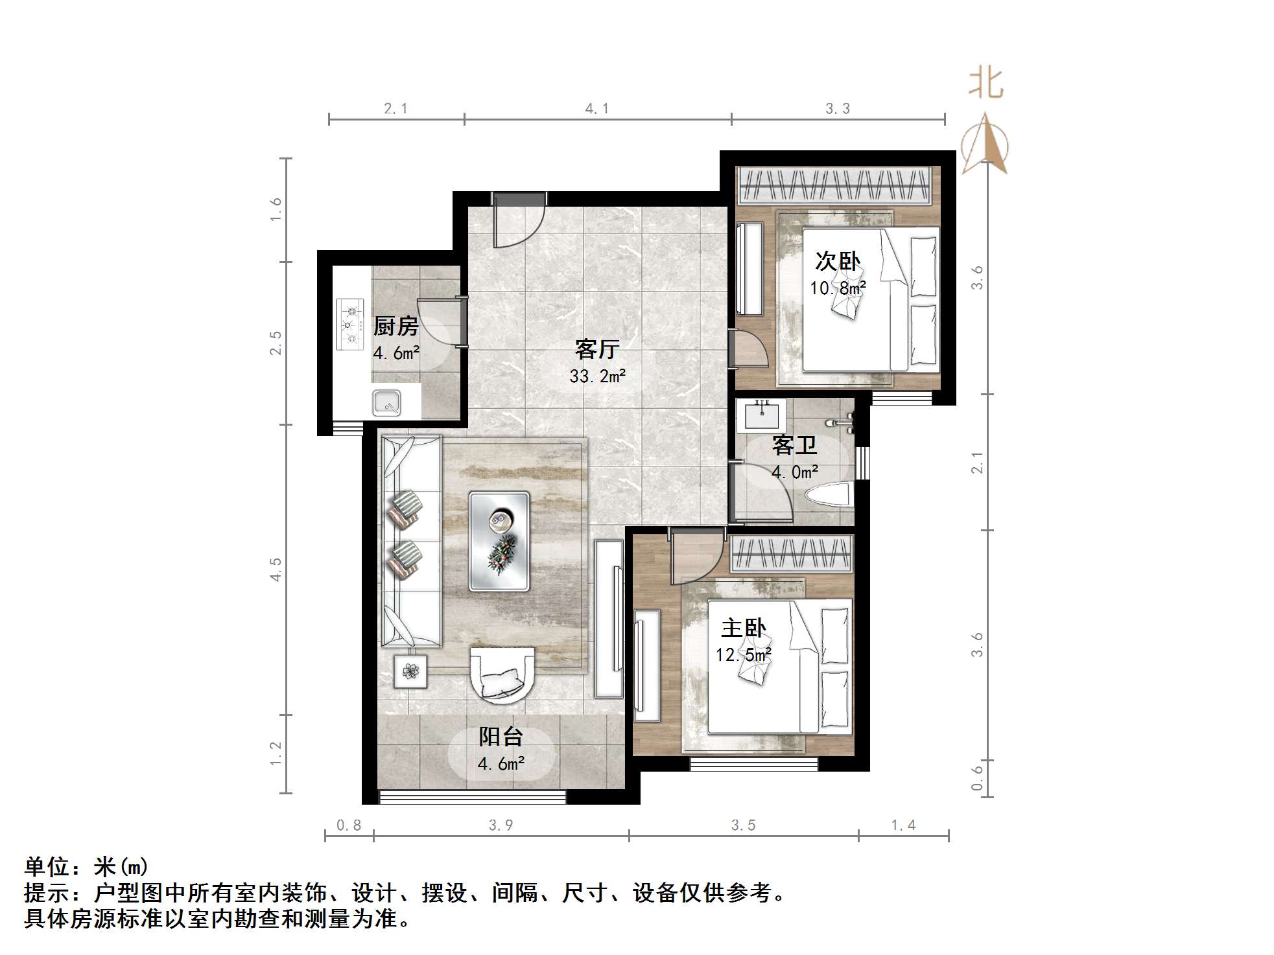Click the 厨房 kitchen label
click(395, 326)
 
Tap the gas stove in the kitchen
click(351, 324)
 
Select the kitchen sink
click(387, 403)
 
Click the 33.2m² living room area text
click(597, 376)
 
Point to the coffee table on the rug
click(499, 542)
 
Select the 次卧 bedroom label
click(838, 261)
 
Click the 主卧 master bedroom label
click(744, 628)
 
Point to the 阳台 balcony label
click(501, 737)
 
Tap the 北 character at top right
click(985, 84)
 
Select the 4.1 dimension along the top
click(596, 109)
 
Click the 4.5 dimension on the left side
click(276, 569)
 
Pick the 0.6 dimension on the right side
click(977, 778)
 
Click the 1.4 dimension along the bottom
click(903, 825)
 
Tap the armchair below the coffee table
click(502, 674)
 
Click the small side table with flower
click(410, 671)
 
